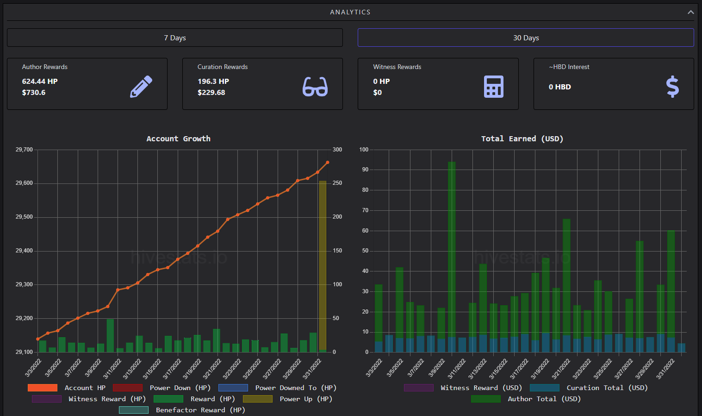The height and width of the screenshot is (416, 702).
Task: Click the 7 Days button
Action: coord(175,38)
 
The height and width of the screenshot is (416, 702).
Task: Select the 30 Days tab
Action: coord(526,38)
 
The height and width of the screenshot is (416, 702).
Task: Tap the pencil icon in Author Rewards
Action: coord(141,87)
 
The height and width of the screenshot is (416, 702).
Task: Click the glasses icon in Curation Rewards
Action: coord(315,87)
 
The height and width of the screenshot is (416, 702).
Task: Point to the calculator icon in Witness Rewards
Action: coord(494,87)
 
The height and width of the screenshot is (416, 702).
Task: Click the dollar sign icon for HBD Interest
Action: coord(672,87)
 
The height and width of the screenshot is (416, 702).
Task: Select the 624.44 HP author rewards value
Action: coord(40,81)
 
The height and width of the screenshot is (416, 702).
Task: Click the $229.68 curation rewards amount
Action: coord(211,93)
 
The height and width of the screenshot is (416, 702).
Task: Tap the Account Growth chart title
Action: coord(178,139)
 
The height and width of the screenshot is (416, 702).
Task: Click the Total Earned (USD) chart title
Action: coord(522,139)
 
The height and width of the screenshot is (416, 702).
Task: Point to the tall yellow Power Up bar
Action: coord(323,266)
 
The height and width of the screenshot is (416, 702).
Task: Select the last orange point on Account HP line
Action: coord(328,163)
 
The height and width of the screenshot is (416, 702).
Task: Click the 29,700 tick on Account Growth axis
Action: coord(24,150)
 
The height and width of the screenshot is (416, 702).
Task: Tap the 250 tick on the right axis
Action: coord(337,183)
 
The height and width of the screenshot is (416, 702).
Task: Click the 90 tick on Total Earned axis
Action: coord(365,170)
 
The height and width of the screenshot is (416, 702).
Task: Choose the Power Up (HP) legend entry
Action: coord(288,399)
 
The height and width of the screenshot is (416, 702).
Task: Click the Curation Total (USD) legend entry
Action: coord(589,388)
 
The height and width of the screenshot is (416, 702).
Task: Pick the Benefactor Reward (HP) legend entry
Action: coord(182,410)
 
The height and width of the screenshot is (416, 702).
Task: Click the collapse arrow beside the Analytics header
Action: coord(691,12)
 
